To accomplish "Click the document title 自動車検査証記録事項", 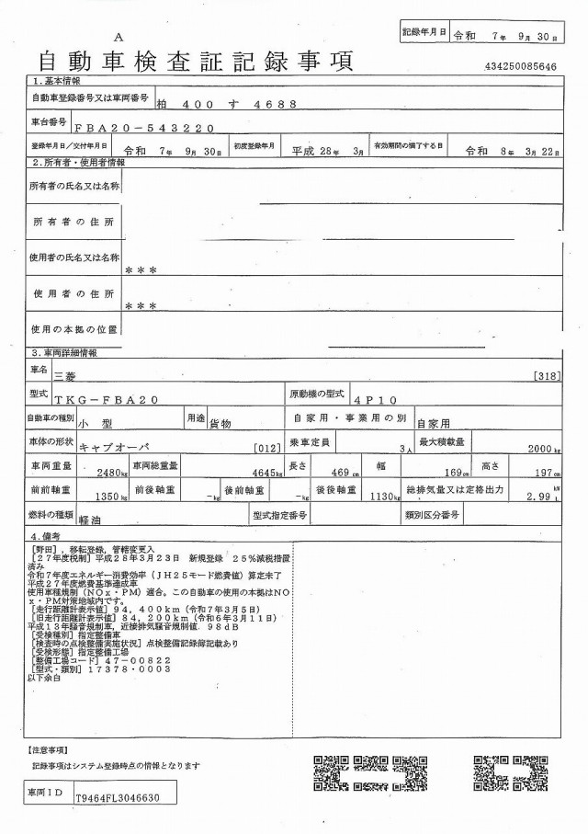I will (195, 62).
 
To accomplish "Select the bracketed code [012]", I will (265, 448).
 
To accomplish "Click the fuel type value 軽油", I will (91, 519).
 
